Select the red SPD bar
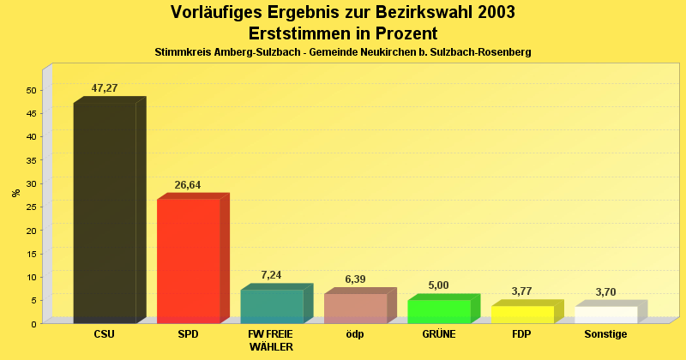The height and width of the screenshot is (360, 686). tap(189, 261)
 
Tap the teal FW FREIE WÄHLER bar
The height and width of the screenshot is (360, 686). tap(272, 306)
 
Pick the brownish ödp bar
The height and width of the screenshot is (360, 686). tap(355, 308)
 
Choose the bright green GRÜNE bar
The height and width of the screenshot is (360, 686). tap(439, 311)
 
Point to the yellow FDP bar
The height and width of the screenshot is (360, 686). tap(522, 314)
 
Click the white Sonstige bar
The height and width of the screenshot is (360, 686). tap(605, 314)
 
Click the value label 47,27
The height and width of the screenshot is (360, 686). tap(105, 88)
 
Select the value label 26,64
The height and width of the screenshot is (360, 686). tap(188, 184)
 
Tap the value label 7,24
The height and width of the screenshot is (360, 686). tap(272, 275)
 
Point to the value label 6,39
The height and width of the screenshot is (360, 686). tap(355, 279)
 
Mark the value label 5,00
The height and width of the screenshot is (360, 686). tap(438, 285)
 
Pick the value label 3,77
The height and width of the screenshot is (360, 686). tap(521, 291)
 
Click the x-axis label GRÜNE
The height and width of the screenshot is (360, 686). tap(439, 334)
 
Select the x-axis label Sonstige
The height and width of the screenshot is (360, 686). tap(605, 334)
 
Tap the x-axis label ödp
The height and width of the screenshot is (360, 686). tap(355, 334)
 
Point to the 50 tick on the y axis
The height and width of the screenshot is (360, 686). tap(31, 90)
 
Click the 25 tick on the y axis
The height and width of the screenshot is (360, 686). tap(31, 207)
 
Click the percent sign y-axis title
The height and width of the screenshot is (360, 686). tap(16, 193)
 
